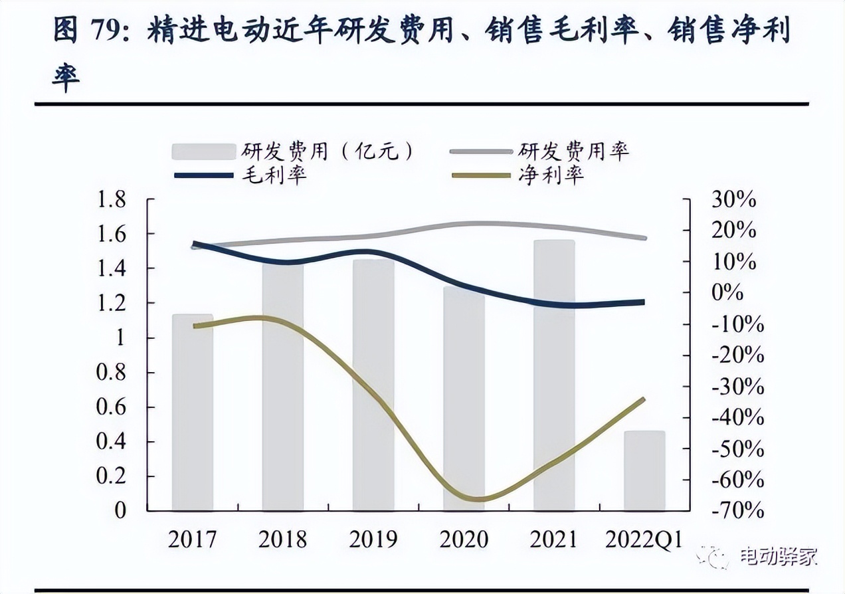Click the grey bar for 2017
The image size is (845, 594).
tap(192, 412)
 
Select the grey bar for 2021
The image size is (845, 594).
tap(554, 375)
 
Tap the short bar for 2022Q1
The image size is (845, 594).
tap(644, 470)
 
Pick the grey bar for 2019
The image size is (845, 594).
tap(373, 385)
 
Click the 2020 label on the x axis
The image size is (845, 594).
tap(464, 540)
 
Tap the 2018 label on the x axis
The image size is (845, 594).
tap(283, 540)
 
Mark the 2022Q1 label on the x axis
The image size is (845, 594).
tap(644, 540)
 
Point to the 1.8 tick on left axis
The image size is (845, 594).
tap(112, 199)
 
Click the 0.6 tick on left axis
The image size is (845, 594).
tap(112, 407)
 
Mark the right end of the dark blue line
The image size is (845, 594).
tap(643, 302)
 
